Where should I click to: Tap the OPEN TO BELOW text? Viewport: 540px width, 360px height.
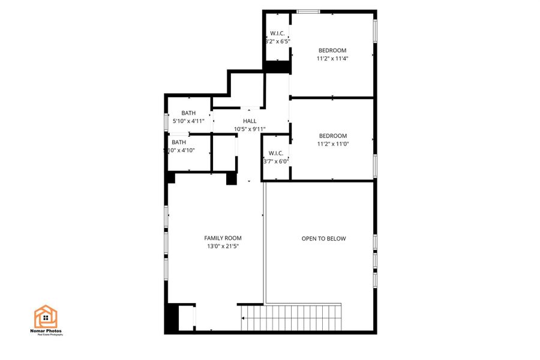click(323, 239)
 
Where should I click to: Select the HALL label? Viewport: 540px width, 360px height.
click(250, 121)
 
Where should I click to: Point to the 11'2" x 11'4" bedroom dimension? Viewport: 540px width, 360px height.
click(332, 58)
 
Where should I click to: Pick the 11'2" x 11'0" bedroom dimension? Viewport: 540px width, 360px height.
click(332, 143)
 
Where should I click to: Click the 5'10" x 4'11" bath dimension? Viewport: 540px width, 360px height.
click(188, 121)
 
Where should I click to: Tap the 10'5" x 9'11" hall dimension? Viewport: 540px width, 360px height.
click(250, 129)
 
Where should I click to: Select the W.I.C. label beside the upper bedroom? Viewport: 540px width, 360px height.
click(277, 34)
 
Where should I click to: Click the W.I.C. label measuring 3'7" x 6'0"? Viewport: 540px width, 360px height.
click(276, 153)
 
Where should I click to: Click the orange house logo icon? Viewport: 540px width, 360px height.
click(46, 317)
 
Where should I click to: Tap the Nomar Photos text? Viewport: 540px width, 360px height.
click(47, 331)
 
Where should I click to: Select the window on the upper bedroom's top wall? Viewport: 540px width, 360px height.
click(308, 11)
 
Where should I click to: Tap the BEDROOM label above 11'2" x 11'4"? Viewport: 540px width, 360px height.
click(332, 50)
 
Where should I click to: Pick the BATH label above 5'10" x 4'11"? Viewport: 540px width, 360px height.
click(188, 113)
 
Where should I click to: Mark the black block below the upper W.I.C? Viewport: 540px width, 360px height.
click(277, 67)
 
